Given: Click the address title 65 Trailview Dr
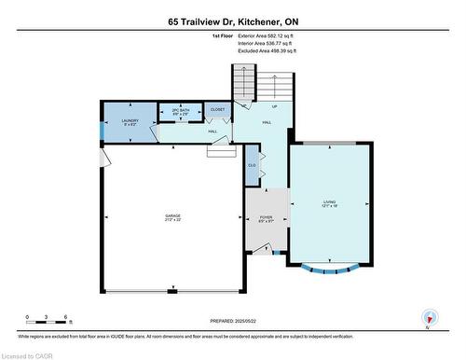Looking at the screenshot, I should coord(232,21).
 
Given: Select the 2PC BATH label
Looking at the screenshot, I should coord(182,111).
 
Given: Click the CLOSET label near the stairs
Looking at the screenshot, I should coord(217,110).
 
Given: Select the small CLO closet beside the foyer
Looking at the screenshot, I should coord(252,166).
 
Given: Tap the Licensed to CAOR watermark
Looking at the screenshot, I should coord(30,353).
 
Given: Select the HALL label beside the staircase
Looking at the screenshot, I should coord(267,122).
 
